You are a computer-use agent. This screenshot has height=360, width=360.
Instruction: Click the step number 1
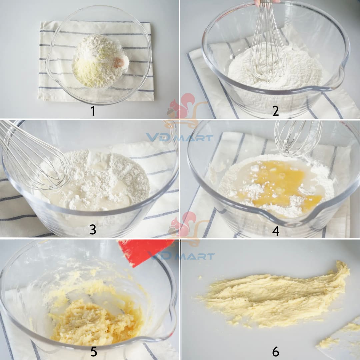pyautogui.click(x=93, y=111)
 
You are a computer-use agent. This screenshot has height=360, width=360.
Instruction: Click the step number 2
pyautogui.click(x=276, y=111)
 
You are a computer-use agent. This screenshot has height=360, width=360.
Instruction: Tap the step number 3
pyautogui.click(x=93, y=229)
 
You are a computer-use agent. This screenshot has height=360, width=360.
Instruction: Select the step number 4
pyautogui.click(x=276, y=231)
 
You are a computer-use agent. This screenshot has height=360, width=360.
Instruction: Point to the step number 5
pyautogui.click(x=93, y=351)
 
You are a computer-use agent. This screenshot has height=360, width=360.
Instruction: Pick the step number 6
pyautogui.click(x=276, y=351)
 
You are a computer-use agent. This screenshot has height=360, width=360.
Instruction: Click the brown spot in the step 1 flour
pyautogui.click(x=118, y=62)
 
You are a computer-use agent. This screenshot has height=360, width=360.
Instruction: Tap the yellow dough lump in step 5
pyautogui.click(x=92, y=321)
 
